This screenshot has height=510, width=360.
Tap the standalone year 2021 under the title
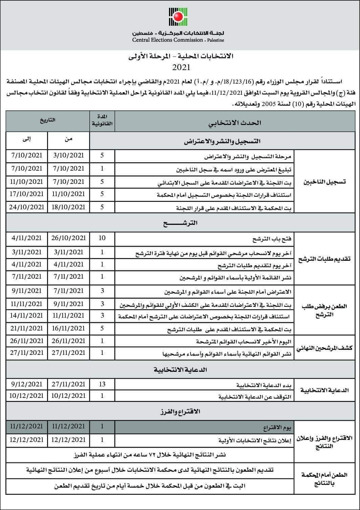[181, 67]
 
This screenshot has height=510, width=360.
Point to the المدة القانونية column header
[103, 122]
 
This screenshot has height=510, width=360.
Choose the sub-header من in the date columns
[68, 139]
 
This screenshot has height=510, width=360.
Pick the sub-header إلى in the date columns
[27, 139]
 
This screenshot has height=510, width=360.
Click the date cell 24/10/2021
[27, 207]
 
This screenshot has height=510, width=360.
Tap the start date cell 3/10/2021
[68, 155]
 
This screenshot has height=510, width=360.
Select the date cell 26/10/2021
[68, 238]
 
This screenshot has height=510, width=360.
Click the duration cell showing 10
[102, 238]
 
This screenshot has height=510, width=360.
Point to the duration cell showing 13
[102, 384]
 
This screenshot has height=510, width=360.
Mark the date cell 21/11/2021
[27, 328]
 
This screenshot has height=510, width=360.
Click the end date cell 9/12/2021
[27, 384]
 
